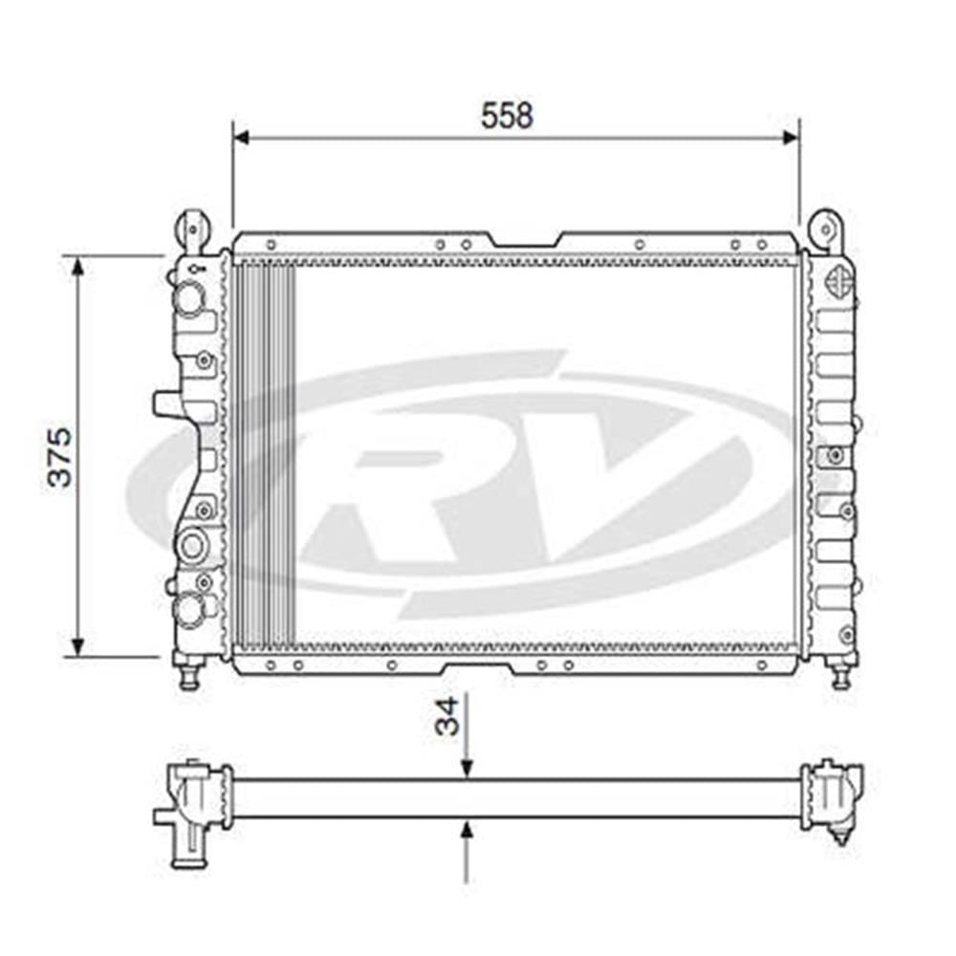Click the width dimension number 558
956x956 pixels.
tap(507, 116)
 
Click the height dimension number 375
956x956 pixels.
tap(60, 457)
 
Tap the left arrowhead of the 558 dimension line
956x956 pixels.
tap(242, 138)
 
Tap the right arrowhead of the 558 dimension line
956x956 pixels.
tap(791, 138)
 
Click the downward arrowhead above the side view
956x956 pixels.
tap(467, 770)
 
